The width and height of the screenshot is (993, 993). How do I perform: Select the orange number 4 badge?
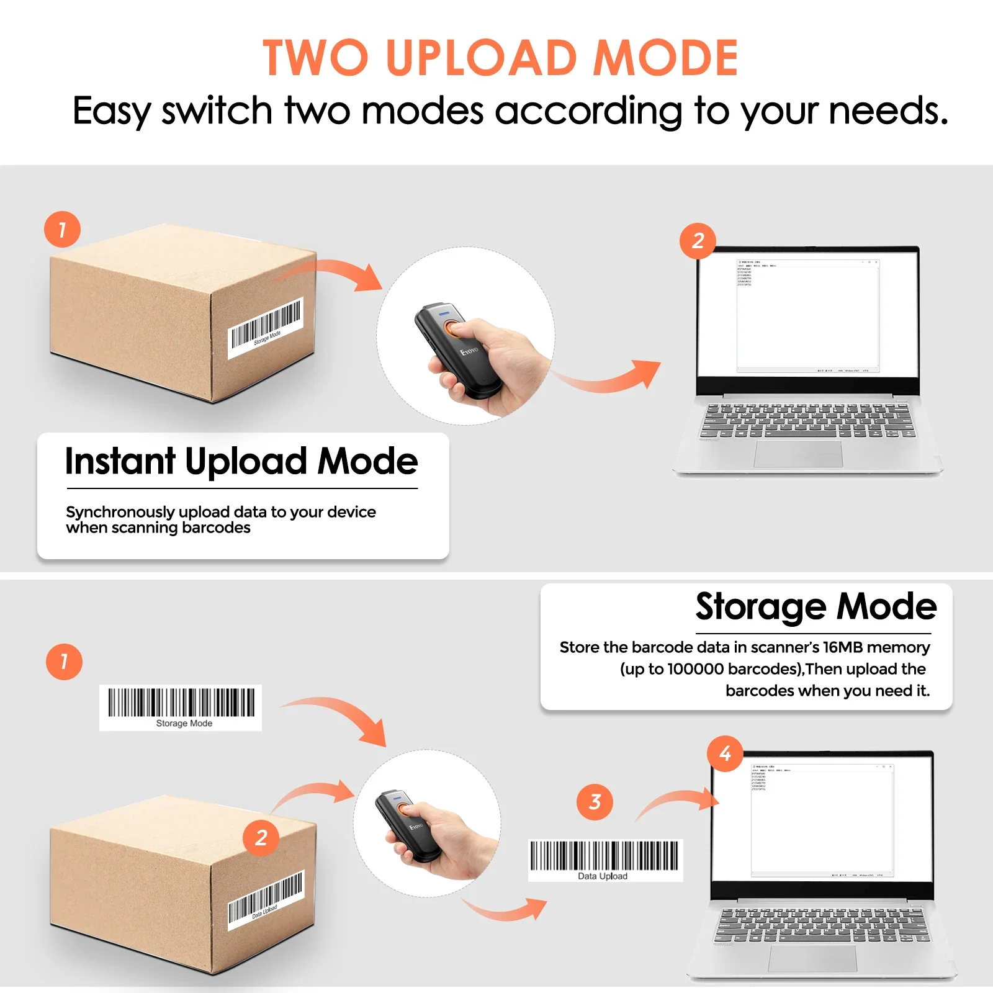[725, 753]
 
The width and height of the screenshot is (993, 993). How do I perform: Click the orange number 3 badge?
[595, 802]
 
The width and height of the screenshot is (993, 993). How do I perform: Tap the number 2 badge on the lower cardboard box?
[261, 838]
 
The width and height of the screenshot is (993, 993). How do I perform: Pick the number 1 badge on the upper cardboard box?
[62, 230]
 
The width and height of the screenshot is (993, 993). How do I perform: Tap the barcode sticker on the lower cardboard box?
[266, 901]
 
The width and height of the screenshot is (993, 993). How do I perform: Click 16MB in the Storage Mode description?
[842, 647]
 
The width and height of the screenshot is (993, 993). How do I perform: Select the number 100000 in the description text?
[695, 669]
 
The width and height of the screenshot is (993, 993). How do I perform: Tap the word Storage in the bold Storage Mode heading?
[760, 607]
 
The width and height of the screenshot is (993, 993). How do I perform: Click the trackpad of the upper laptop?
[798, 454]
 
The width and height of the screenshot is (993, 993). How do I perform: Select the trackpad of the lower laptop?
[812, 958]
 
